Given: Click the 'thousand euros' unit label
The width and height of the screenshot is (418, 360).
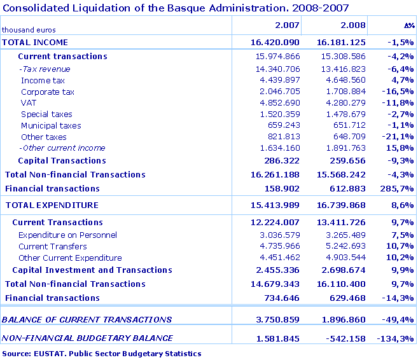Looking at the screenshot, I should tap(29, 30).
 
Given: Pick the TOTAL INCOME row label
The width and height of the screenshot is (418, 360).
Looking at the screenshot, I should tap(35, 42).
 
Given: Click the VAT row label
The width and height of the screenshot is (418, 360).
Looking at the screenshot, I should tap(28, 103).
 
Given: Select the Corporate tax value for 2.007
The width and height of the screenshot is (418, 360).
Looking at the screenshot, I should tap(277, 92).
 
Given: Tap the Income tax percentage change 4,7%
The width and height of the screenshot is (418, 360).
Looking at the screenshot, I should tap(403, 80).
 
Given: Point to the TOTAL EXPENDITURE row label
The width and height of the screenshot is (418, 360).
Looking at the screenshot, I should tap(52, 205).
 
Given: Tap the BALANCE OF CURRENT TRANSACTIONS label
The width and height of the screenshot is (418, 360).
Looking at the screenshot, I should tap(87, 319).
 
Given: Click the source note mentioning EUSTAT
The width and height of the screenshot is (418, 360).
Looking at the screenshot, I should tap(102, 354).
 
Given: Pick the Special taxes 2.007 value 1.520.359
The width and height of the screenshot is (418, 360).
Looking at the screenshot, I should tap(277, 114).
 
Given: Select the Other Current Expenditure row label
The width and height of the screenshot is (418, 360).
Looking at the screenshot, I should tap(70, 258).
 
